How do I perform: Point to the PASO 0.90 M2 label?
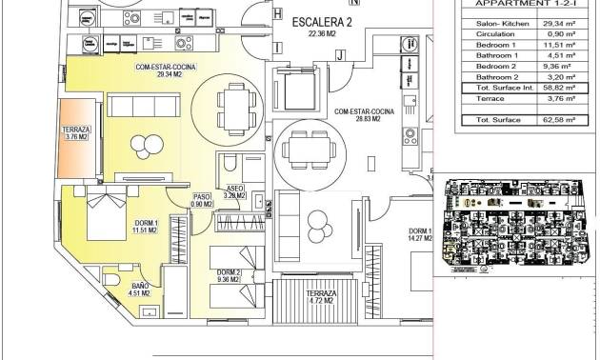200,200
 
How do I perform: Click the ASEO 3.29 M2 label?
235,191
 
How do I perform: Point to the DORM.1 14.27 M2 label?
420,237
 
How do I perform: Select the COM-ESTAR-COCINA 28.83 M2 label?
357,115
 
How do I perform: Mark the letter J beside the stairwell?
338,55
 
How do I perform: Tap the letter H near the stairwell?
277,14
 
